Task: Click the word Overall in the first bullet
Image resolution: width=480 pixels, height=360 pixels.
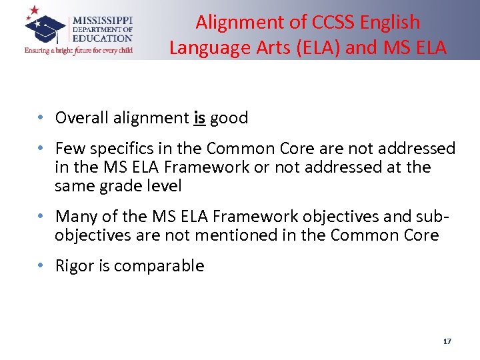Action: click(x=79, y=118)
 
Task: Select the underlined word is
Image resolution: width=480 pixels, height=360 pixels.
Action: click(x=199, y=118)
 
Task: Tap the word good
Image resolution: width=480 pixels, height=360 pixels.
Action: click(x=229, y=118)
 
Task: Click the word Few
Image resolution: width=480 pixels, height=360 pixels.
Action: click(x=69, y=148)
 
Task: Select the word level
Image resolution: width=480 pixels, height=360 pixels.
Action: click(x=163, y=186)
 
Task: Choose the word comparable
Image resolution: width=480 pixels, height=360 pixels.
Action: click(x=159, y=265)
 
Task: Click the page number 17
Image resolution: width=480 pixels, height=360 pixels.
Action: click(x=447, y=341)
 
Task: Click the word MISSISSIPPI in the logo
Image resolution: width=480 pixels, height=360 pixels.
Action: click(x=103, y=21)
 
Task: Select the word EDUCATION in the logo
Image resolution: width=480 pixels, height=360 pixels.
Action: click(x=103, y=39)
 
